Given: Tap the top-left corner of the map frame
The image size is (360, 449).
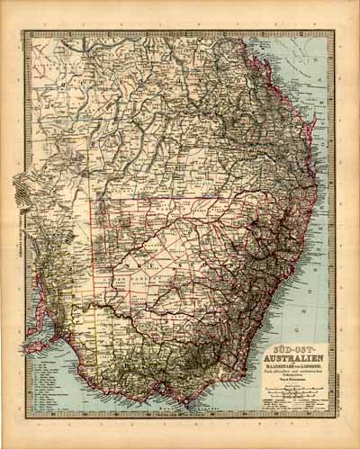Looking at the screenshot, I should tap(26, 31).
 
